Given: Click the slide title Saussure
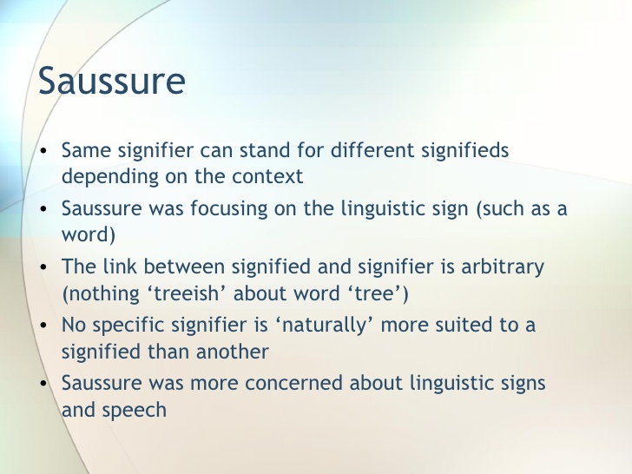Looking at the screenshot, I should pyautogui.click(x=112, y=81).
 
